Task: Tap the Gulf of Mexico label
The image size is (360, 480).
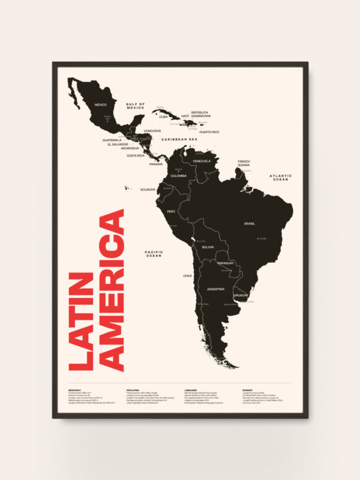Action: tap(136, 106)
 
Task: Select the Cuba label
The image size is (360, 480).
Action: tap(163, 117)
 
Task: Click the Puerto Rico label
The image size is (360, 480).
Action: tap(209, 132)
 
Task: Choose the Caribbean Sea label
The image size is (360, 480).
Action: tap(179, 139)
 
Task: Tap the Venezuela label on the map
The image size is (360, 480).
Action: tap(203, 161)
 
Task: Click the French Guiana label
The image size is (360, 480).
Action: tap(244, 163)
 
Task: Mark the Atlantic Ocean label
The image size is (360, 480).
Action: tap(280, 178)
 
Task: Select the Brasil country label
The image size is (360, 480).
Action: tap(250, 223)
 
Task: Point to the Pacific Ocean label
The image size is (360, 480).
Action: tap(154, 254)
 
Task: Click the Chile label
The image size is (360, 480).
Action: tap(187, 275)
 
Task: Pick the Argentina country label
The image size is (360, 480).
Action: tap(215, 289)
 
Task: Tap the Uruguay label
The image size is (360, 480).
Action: tap(241, 295)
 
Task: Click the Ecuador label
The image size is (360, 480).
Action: tap(148, 190)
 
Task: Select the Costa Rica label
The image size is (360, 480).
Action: tap(136, 155)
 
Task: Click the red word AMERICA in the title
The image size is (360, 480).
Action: tap(113, 290)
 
